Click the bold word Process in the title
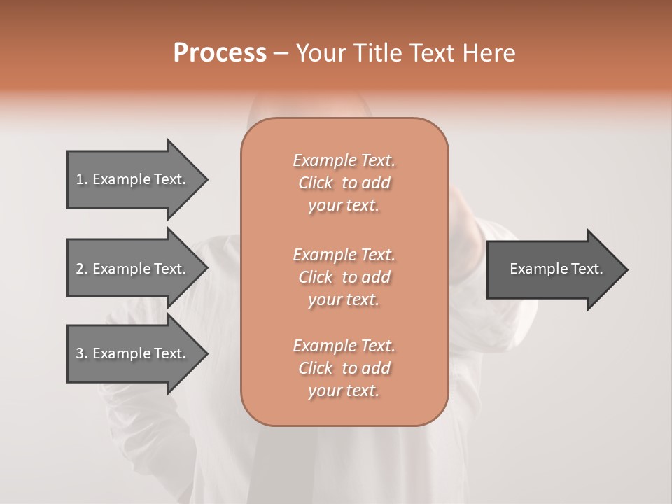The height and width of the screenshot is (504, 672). coord(220,53)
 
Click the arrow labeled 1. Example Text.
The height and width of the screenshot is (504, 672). coord(131,179)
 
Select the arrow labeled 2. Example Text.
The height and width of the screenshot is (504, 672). coord(131,269)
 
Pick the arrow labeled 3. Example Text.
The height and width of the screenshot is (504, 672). coord(131,353)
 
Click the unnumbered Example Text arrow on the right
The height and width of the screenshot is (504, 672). coord(556,269)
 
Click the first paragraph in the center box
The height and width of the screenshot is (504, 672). coord(344,183)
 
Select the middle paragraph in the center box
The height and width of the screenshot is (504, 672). coord(344,277)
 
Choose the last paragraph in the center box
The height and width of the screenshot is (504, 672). coord(344,368)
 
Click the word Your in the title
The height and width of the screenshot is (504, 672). coord(319,53)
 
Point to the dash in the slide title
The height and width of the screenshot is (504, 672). coord(281,53)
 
